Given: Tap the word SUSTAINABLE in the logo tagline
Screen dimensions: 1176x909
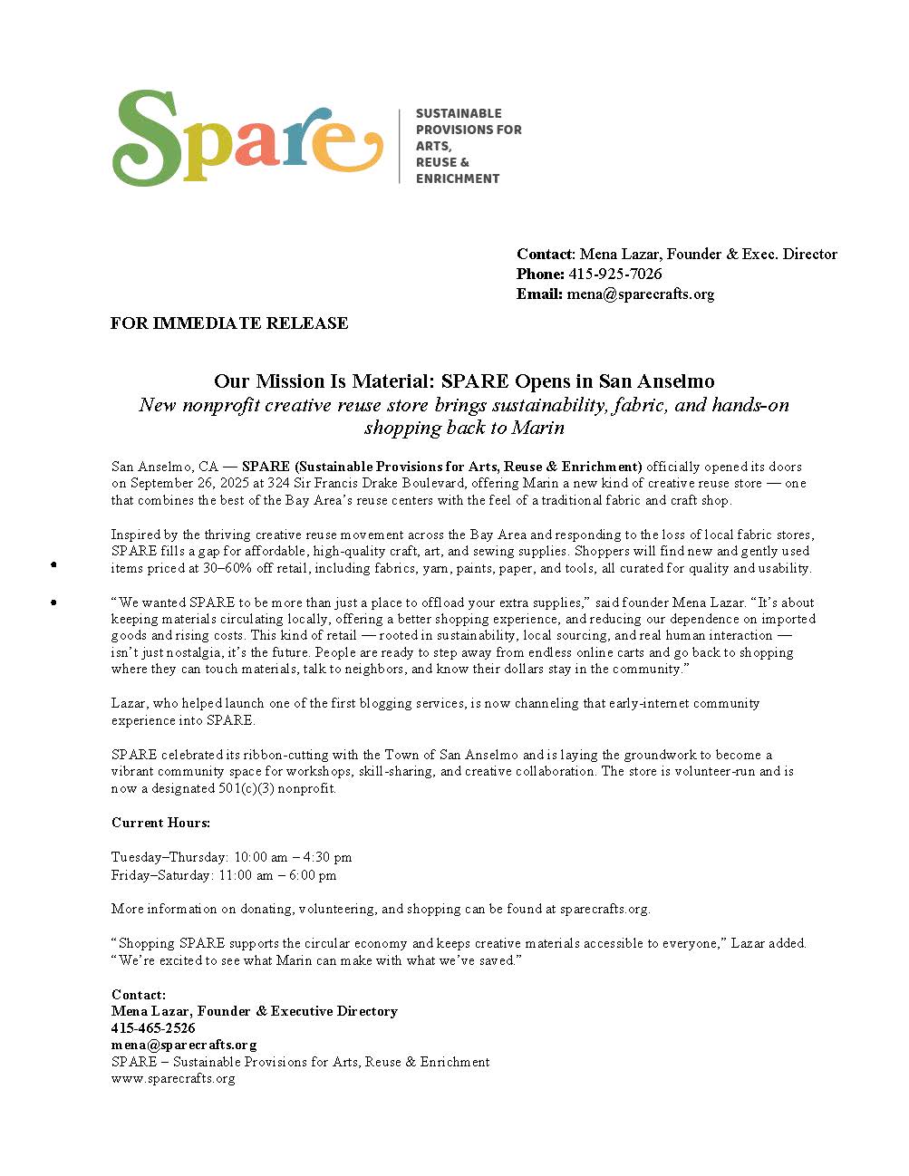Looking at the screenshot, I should click(x=459, y=113).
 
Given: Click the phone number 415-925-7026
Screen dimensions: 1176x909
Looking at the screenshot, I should click(x=614, y=274).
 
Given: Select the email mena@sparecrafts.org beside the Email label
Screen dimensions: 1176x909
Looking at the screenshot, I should click(x=640, y=294).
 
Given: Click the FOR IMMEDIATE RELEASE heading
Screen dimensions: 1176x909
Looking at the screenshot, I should click(x=229, y=323).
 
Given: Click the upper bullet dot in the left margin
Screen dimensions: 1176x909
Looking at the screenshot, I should click(x=54, y=564).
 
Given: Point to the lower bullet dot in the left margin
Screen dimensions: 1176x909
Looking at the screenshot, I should click(x=54, y=602).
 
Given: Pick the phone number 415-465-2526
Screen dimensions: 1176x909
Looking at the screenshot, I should click(x=153, y=1028).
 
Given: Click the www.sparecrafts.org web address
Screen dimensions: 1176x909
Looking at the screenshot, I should click(x=173, y=1078).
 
